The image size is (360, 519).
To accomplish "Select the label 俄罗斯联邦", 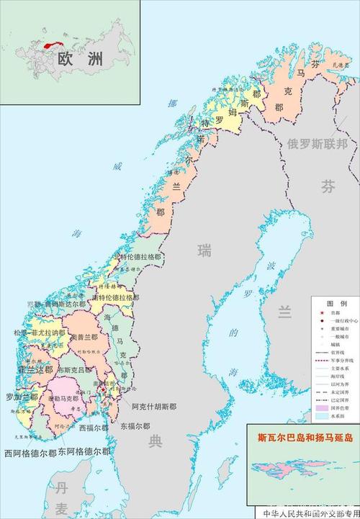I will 317,143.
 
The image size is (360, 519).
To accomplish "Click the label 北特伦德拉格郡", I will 137,258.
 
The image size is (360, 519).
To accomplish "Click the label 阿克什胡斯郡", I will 154,407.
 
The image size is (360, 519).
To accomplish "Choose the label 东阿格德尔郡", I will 84,451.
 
